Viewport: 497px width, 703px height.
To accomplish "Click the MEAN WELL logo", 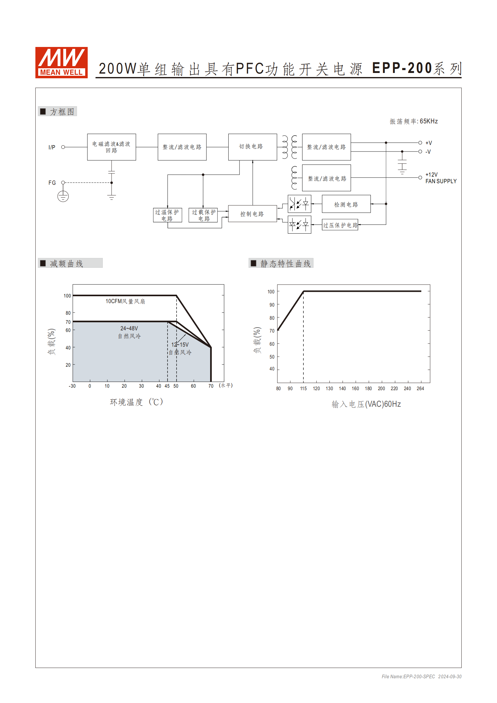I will click(61, 63).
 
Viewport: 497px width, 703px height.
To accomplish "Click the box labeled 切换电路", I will click(252, 147).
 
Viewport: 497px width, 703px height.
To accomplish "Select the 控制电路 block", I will click(252, 214).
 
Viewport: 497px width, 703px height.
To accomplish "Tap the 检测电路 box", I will click(346, 204).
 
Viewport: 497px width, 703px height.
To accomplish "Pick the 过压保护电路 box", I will click(340, 225).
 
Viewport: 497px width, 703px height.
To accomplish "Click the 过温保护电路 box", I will click(167, 215).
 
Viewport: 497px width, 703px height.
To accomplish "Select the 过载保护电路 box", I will click(203, 215).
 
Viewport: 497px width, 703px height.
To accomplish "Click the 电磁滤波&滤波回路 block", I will click(111, 147).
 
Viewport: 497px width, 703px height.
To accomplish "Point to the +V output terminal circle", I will click(420, 143).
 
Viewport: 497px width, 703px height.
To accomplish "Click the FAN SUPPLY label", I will click(441, 181).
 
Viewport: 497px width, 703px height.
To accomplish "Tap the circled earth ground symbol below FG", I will click(63, 196).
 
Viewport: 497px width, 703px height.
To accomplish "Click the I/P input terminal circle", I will click(63, 147).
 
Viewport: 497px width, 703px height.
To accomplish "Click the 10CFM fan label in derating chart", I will click(125, 301).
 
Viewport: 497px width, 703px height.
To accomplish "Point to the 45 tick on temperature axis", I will click(167, 386).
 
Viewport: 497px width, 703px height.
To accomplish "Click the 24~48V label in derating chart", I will click(129, 328).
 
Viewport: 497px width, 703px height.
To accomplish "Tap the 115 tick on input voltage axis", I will click(303, 389).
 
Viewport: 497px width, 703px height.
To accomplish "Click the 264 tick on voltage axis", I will click(420, 389).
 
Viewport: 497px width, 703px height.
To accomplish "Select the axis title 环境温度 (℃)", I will click(137, 402).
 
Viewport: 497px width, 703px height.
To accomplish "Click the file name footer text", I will click(421, 676).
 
